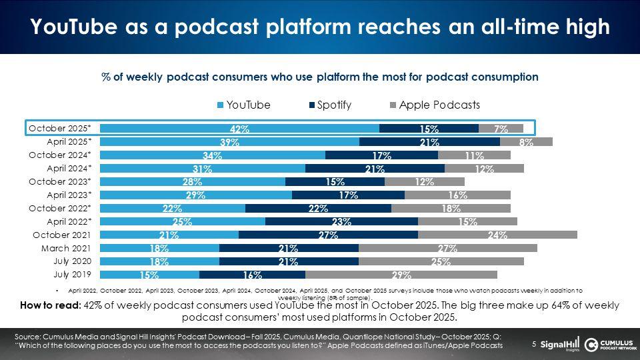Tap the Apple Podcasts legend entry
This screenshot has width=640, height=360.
(433, 105)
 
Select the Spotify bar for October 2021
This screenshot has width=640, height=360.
(328, 235)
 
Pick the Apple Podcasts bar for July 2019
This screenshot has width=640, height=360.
(401, 275)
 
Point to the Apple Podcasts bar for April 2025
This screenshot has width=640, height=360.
(526, 142)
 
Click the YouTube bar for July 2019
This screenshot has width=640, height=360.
(149, 275)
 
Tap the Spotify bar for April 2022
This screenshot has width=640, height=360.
(341, 221)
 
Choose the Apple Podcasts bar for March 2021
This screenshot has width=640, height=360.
(447, 248)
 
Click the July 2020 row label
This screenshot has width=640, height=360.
(73, 261)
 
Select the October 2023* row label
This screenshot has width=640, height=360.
(65, 181)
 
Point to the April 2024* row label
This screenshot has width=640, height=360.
(69, 168)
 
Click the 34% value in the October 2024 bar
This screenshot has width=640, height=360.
(213, 155)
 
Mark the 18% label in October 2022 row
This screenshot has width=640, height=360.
(451, 208)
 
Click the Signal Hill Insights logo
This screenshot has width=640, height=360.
(560, 344)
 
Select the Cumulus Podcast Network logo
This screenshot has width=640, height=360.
(609, 344)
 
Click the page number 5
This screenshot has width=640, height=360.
(534, 344)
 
